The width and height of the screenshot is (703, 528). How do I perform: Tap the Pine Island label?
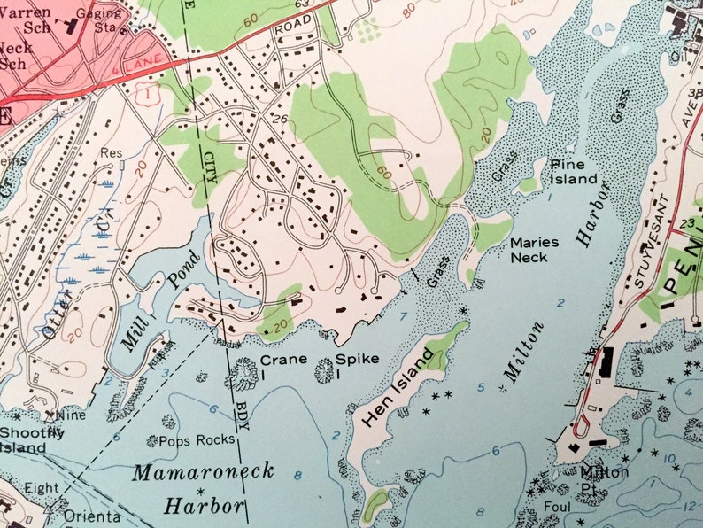573,172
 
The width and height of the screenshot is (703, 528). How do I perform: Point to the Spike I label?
357,364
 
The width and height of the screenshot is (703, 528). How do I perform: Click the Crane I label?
283,364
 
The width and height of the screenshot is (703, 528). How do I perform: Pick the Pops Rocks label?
197,440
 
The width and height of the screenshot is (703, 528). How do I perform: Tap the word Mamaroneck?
203,471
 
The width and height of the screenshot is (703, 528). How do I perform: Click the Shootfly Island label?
32,439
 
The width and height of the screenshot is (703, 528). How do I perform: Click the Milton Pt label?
604,478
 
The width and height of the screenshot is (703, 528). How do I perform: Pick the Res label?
111,152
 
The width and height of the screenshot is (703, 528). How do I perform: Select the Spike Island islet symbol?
324,371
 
